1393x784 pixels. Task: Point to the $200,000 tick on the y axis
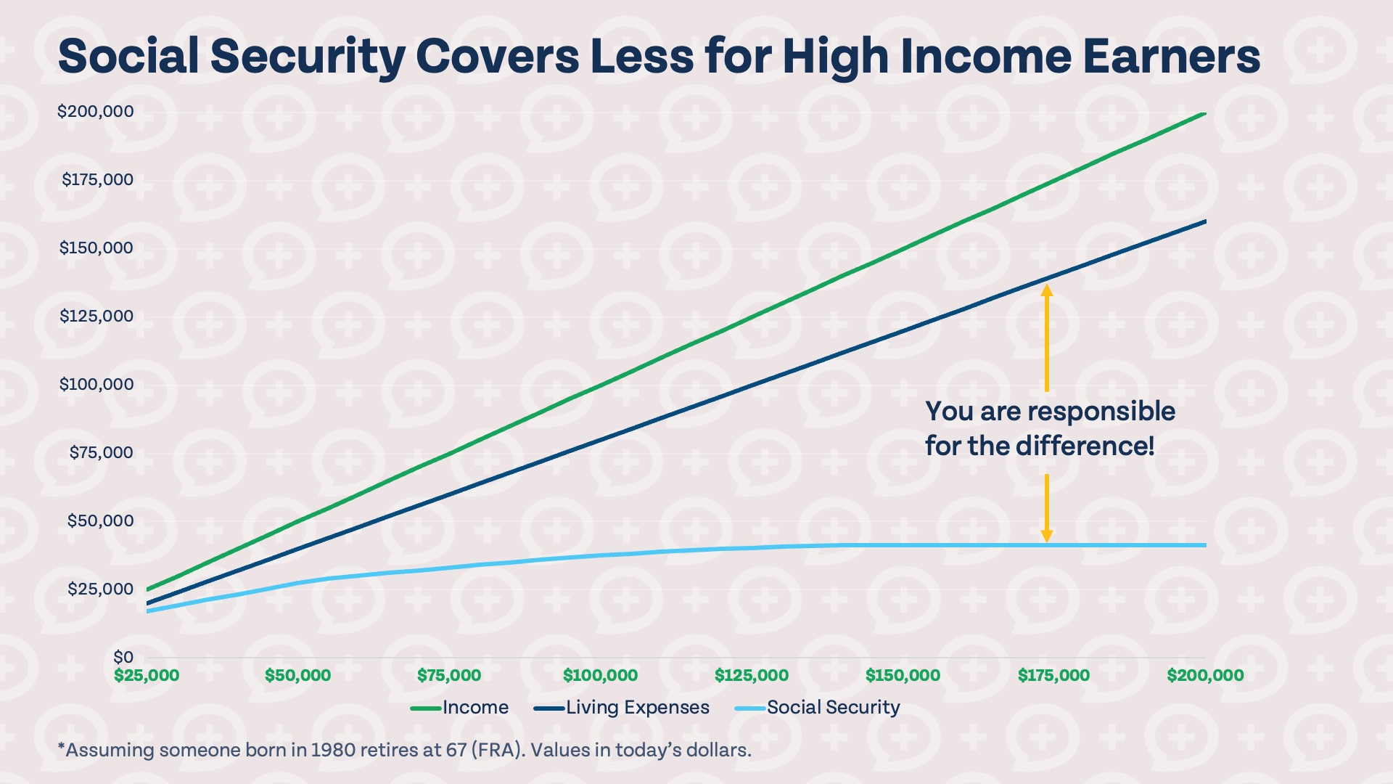pyautogui.click(x=96, y=112)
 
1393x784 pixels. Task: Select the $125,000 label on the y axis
pyautogui.click(x=96, y=317)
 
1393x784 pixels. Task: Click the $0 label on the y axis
pyautogui.click(x=123, y=657)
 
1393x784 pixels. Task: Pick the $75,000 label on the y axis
pyautogui.click(x=101, y=453)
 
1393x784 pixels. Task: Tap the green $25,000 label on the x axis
pyautogui.click(x=147, y=676)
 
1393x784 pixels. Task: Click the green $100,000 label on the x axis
pyautogui.click(x=600, y=676)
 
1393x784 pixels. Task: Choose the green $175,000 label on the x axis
pyautogui.click(x=1053, y=676)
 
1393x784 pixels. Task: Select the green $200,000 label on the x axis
pyautogui.click(x=1205, y=676)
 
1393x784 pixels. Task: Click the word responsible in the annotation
pyautogui.click(x=1105, y=412)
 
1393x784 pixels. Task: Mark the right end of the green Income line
pyautogui.click(x=1204, y=114)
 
